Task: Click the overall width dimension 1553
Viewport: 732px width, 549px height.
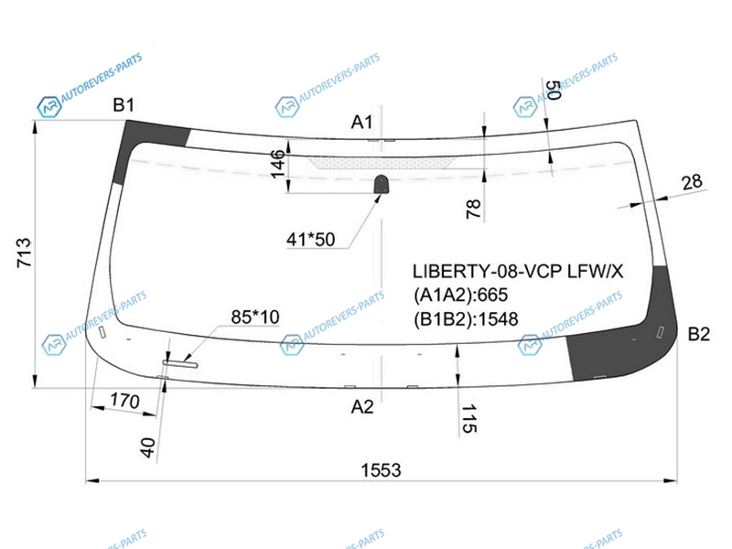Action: click(x=381, y=470)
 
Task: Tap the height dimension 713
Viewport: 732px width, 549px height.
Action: click(x=24, y=253)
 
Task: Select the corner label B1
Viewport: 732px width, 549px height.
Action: click(x=124, y=105)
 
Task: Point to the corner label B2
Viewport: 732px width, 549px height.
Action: click(x=699, y=334)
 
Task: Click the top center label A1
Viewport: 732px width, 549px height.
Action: click(x=361, y=123)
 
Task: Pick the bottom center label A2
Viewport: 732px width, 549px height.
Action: click(x=362, y=407)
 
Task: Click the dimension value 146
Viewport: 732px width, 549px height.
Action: click(x=278, y=164)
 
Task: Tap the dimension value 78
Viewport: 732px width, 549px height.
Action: click(x=473, y=209)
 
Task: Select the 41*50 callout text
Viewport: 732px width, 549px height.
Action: click(x=310, y=240)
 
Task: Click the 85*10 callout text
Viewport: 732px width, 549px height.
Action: click(x=255, y=317)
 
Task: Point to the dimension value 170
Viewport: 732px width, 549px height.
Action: click(x=124, y=401)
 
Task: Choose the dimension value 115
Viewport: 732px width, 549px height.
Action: click(x=469, y=419)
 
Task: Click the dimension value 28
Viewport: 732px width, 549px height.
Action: click(x=692, y=182)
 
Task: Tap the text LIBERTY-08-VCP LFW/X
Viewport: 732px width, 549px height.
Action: click(x=518, y=271)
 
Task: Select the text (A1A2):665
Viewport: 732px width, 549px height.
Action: click(x=460, y=295)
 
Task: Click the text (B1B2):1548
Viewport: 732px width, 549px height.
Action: click(x=466, y=319)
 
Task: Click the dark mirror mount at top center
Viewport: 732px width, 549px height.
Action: click(x=382, y=184)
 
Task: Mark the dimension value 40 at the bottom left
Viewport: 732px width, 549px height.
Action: click(x=147, y=447)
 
